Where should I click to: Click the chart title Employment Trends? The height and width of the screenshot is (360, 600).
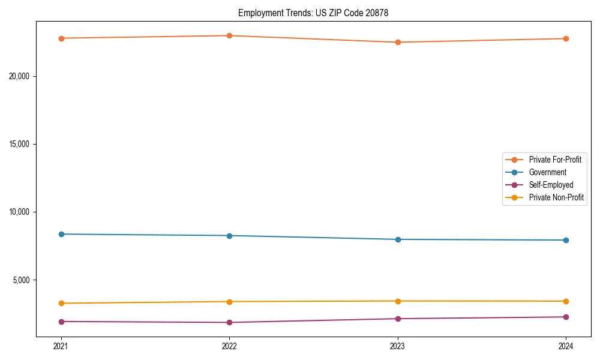[x=313, y=13]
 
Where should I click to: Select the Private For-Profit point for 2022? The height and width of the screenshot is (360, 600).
[x=229, y=35]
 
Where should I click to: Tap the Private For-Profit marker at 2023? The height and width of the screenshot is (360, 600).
[x=398, y=43]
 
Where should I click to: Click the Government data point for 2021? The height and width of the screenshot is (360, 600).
[x=61, y=234]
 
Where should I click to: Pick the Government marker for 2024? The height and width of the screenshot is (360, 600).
[x=566, y=240]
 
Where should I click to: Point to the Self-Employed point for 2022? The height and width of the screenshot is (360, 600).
[x=229, y=322]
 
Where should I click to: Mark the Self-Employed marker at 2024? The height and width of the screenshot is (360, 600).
[x=566, y=317]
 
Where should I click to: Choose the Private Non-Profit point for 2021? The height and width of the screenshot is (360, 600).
[x=61, y=303]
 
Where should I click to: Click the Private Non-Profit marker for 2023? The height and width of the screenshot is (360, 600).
[x=398, y=301]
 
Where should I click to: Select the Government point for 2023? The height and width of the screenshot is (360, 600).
[x=398, y=239]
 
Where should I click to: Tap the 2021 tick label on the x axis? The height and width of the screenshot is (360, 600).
[x=61, y=346]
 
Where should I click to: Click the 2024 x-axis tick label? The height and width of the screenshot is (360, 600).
[x=566, y=346]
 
